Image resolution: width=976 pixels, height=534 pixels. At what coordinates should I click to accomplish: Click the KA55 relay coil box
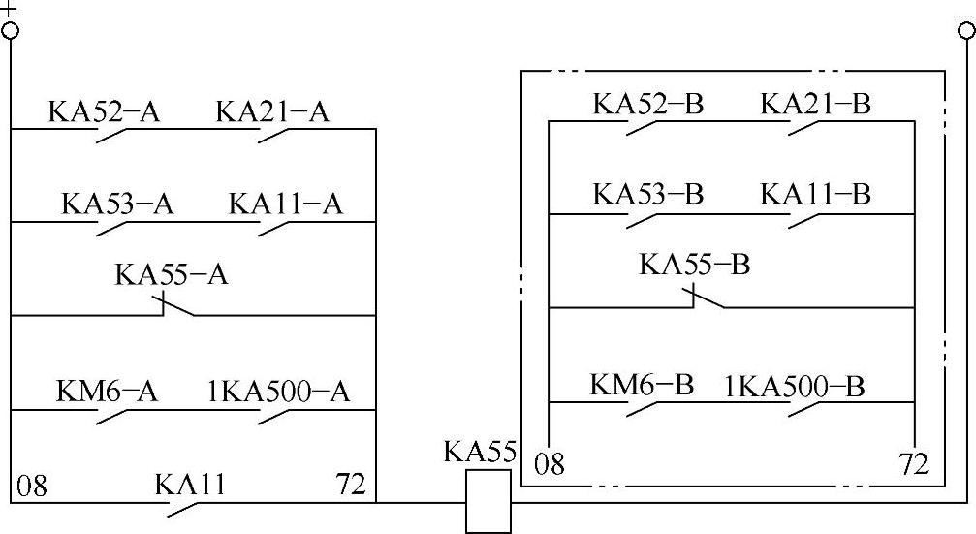click(488, 501)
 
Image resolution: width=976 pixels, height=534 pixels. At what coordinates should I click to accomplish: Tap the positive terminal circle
click(11, 30)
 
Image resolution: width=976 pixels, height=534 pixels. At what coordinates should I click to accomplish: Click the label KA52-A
click(104, 112)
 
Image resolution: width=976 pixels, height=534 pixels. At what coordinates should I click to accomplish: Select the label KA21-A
click(272, 112)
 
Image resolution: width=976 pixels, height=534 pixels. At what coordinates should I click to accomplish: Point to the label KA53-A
click(117, 204)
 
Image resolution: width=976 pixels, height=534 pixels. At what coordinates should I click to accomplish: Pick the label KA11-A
click(286, 204)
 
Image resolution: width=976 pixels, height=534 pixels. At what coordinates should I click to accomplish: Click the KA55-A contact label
click(172, 275)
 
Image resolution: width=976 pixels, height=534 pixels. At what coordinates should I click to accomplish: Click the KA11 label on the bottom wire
click(190, 484)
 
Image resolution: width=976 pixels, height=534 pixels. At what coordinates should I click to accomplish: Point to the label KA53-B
click(647, 194)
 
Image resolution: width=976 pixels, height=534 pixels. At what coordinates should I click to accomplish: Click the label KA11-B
click(816, 194)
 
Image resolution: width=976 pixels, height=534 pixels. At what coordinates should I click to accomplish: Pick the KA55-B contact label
click(695, 265)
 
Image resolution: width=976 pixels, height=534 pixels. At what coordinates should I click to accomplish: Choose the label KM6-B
click(642, 385)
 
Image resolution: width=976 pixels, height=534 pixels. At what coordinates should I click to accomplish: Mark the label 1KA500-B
click(795, 387)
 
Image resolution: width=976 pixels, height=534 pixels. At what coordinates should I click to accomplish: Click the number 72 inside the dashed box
click(913, 464)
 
